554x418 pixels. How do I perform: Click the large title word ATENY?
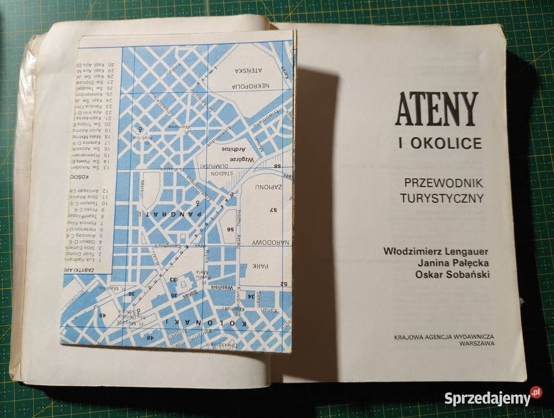tap(437, 110)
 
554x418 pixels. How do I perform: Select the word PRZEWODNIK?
tap(444, 183)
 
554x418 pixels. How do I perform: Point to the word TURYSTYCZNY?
tap(441, 198)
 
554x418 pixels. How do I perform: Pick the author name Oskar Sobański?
tap(452, 275)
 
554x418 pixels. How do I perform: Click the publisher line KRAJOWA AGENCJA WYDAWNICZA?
tap(443, 336)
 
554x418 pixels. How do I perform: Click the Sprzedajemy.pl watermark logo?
tap(493, 398)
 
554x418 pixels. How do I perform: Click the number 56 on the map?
tap(230, 230)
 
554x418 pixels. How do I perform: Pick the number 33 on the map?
tap(174, 279)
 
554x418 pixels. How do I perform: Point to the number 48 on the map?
tap(150, 337)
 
